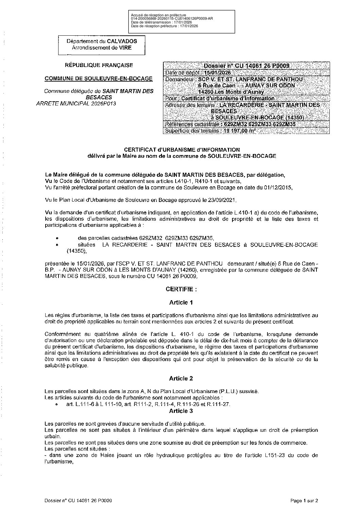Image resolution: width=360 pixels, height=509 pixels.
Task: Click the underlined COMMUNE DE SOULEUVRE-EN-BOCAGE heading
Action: pos(99,79)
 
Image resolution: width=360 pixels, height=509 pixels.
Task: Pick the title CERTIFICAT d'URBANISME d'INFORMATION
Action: pos(182,150)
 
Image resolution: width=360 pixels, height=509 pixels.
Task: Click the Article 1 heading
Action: pos(181,302)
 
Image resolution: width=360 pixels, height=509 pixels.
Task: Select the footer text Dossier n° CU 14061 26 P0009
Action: pos(78,500)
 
